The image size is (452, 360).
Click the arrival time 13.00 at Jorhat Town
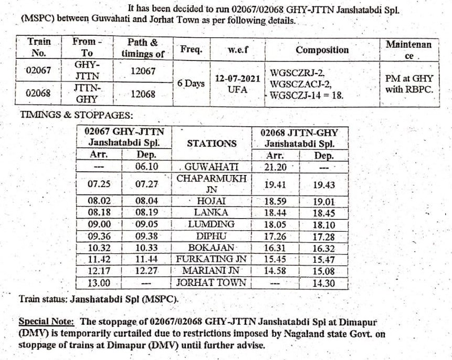tap(99, 283)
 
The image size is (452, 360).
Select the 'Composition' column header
tap(322, 50)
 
